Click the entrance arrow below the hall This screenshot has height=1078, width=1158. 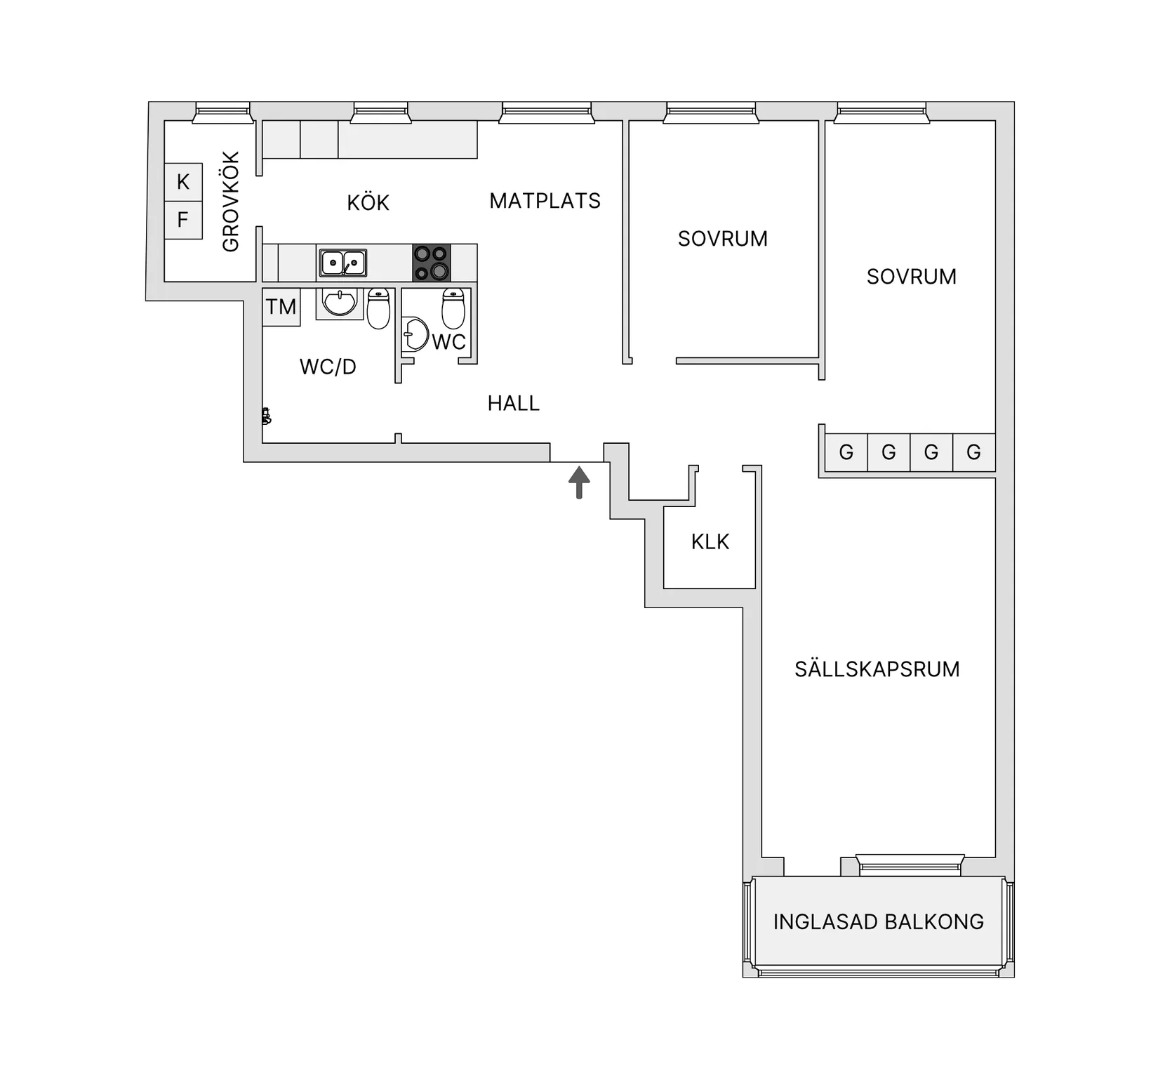tap(579, 482)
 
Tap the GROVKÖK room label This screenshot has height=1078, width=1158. tap(231, 202)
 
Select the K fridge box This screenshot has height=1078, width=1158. tap(183, 182)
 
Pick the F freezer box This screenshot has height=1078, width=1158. tap(183, 220)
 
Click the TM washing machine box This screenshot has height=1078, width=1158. tap(281, 307)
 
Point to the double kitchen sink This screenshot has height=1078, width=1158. tap(342, 263)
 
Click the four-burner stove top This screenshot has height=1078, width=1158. tap(431, 263)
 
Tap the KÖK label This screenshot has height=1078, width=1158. tap(368, 203)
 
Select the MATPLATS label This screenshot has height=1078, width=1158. tap(545, 201)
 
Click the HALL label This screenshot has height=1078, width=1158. tap(514, 403)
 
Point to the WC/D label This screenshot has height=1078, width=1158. tap(328, 367)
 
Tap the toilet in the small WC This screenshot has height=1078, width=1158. tap(453, 309)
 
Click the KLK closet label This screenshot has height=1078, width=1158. tap(710, 541)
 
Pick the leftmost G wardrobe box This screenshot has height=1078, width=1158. tap(846, 452)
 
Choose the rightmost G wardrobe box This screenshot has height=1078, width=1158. tap(974, 452)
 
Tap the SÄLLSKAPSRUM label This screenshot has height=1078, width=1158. tap(877, 669)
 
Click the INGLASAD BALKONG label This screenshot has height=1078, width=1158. tap(879, 921)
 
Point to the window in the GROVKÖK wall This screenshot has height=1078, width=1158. tap(222, 112)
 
